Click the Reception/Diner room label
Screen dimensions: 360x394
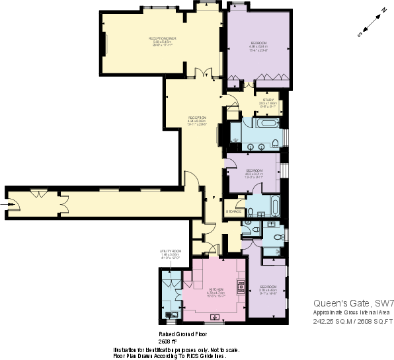[162, 39]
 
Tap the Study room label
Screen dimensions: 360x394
[267, 100]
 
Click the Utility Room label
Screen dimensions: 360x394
[170, 251]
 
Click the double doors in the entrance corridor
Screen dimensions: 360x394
[38, 194]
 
